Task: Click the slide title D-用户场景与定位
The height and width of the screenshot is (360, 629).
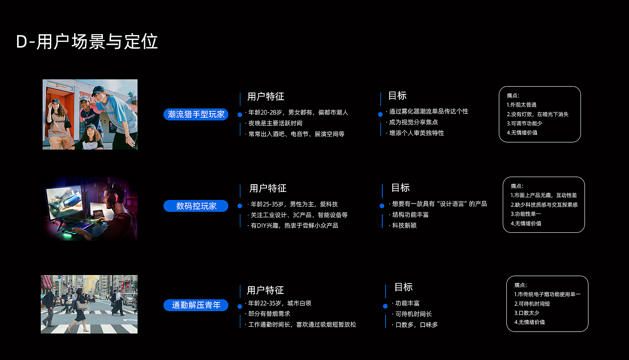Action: (87, 42)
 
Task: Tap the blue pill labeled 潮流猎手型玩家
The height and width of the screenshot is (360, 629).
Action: (196, 114)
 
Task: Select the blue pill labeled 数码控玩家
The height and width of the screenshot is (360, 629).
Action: (196, 206)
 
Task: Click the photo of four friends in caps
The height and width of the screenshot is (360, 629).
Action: (90, 114)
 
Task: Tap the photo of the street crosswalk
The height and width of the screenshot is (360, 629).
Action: (89, 304)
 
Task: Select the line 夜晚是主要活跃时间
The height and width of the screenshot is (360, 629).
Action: (275, 123)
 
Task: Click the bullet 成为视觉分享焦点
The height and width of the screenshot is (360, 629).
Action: (413, 122)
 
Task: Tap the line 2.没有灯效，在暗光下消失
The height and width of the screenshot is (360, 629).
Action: (537, 114)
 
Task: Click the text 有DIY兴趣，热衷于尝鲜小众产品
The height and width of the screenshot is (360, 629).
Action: (294, 226)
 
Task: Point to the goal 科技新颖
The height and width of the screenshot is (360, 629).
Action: (404, 226)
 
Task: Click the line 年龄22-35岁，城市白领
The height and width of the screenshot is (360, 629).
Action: (279, 303)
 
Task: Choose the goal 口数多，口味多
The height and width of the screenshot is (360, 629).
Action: (416, 325)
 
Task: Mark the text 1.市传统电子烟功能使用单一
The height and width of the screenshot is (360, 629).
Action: (547, 294)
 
